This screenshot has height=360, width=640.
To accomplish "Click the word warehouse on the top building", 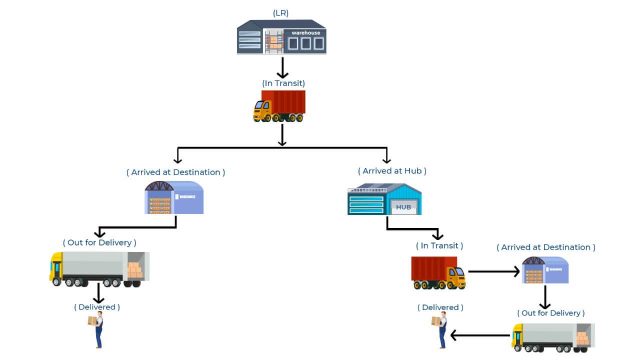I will click(307, 33).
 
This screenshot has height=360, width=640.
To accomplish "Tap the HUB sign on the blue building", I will click(403, 207).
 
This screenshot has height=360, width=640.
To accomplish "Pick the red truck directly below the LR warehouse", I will click(279, 106).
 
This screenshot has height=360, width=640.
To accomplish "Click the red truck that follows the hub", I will click(437, 272).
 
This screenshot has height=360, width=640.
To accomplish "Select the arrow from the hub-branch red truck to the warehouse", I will click(493, 270).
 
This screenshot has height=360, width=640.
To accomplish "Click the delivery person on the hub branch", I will click(437, 329).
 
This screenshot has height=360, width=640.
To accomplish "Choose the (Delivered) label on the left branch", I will click(97, 306).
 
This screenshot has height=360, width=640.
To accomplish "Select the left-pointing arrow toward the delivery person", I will click(481, 336).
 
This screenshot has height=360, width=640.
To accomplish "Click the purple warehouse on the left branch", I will click(174, 199).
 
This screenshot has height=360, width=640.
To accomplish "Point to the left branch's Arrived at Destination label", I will click(176, 172).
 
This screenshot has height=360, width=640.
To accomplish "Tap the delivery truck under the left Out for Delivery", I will click(98, 268).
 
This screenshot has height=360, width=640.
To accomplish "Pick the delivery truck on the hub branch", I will click(552, 338).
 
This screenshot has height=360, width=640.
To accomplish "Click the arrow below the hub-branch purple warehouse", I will click(546, 296).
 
